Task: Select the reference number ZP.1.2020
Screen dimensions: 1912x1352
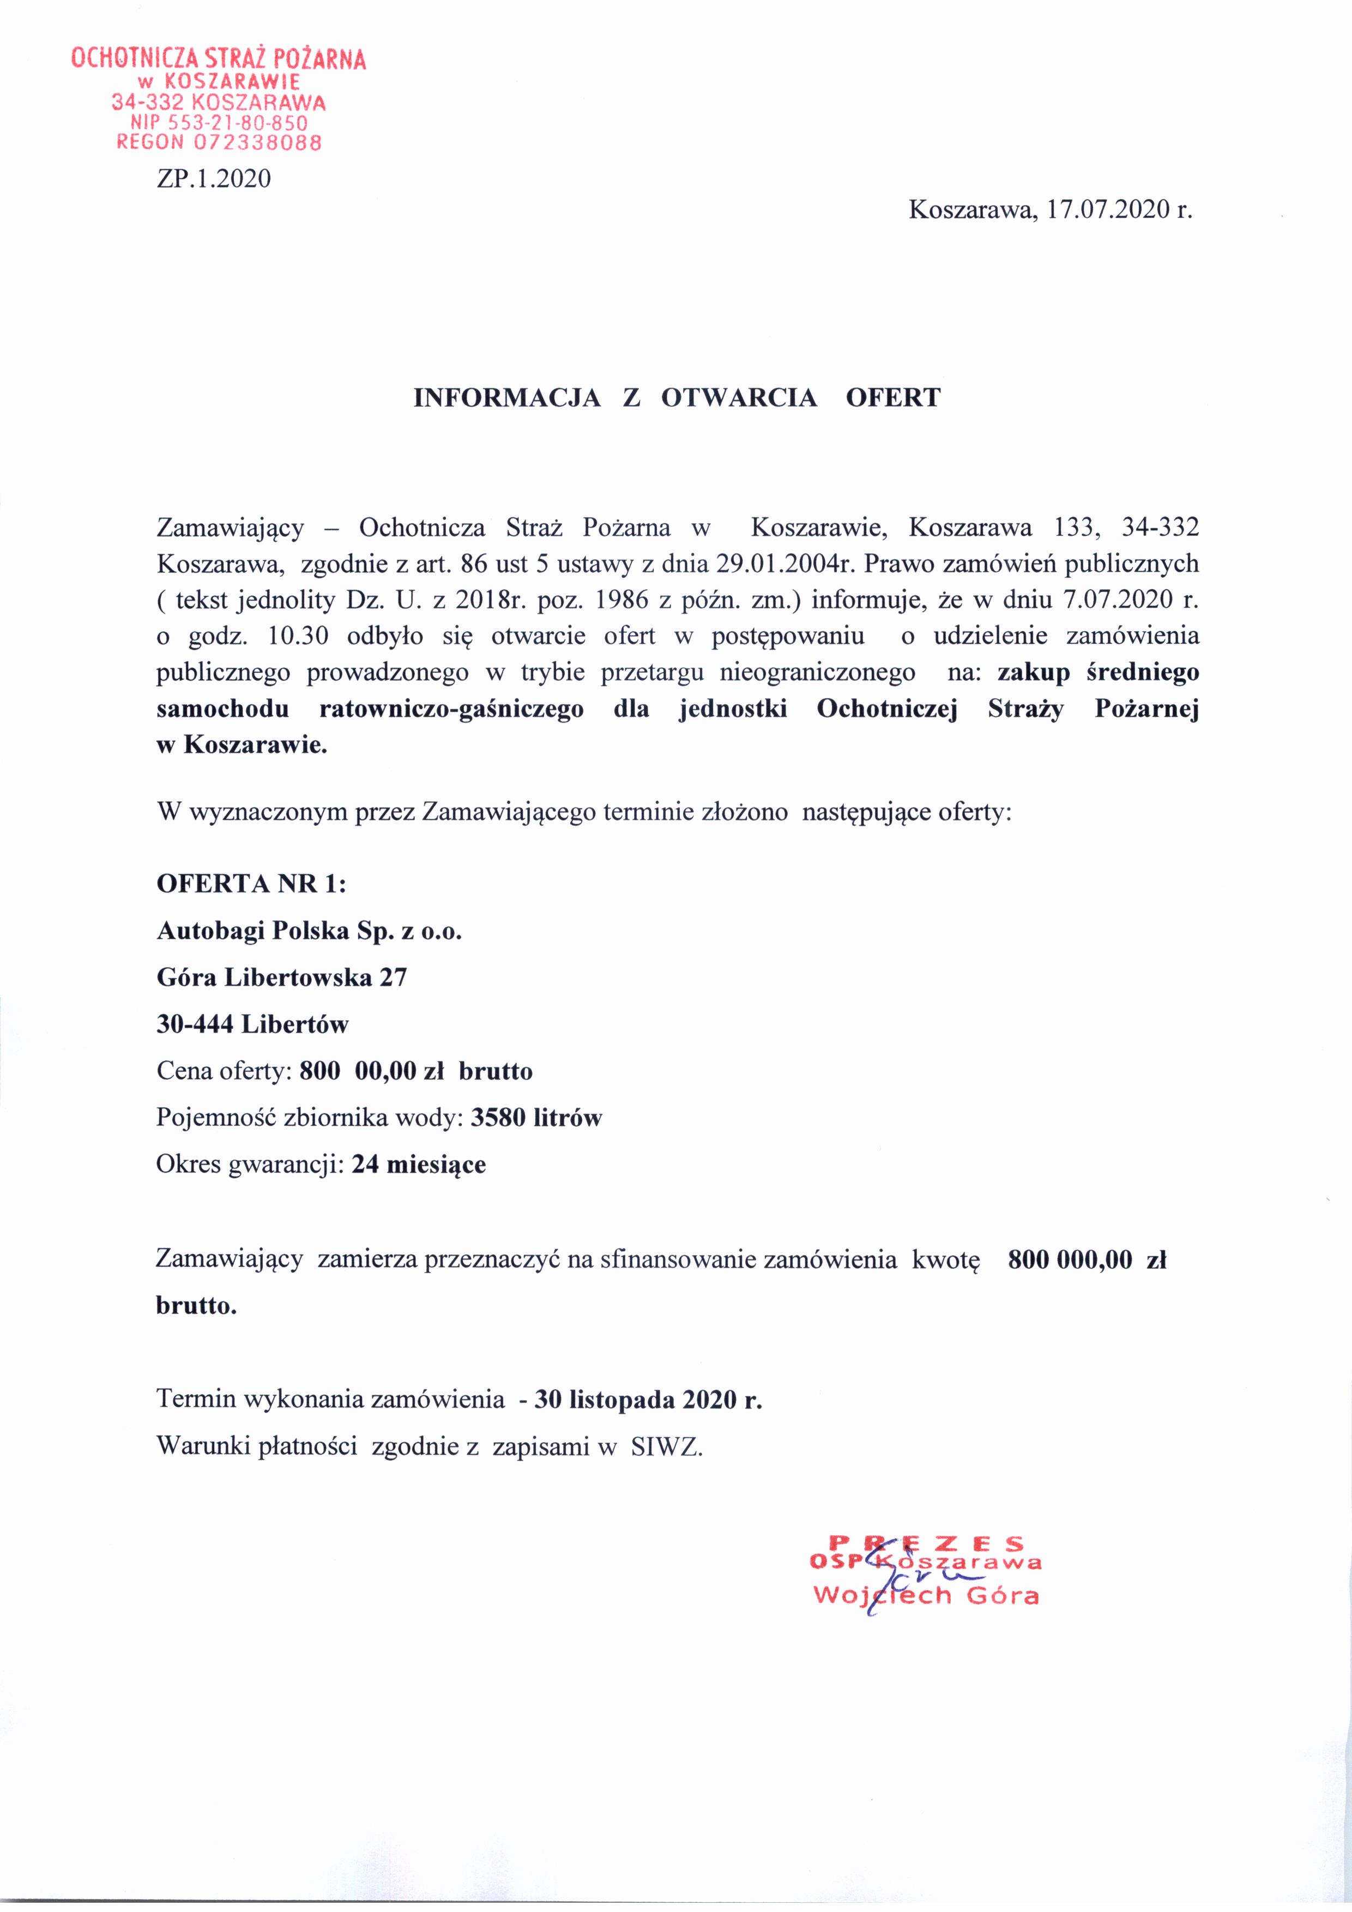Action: point(214,178)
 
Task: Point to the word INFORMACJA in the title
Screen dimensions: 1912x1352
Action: point(507,398)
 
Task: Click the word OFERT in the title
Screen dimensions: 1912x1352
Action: point(892,398)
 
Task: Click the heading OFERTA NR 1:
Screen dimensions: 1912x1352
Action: point(251,884)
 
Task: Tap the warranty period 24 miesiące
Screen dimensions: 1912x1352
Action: point(419,1163)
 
